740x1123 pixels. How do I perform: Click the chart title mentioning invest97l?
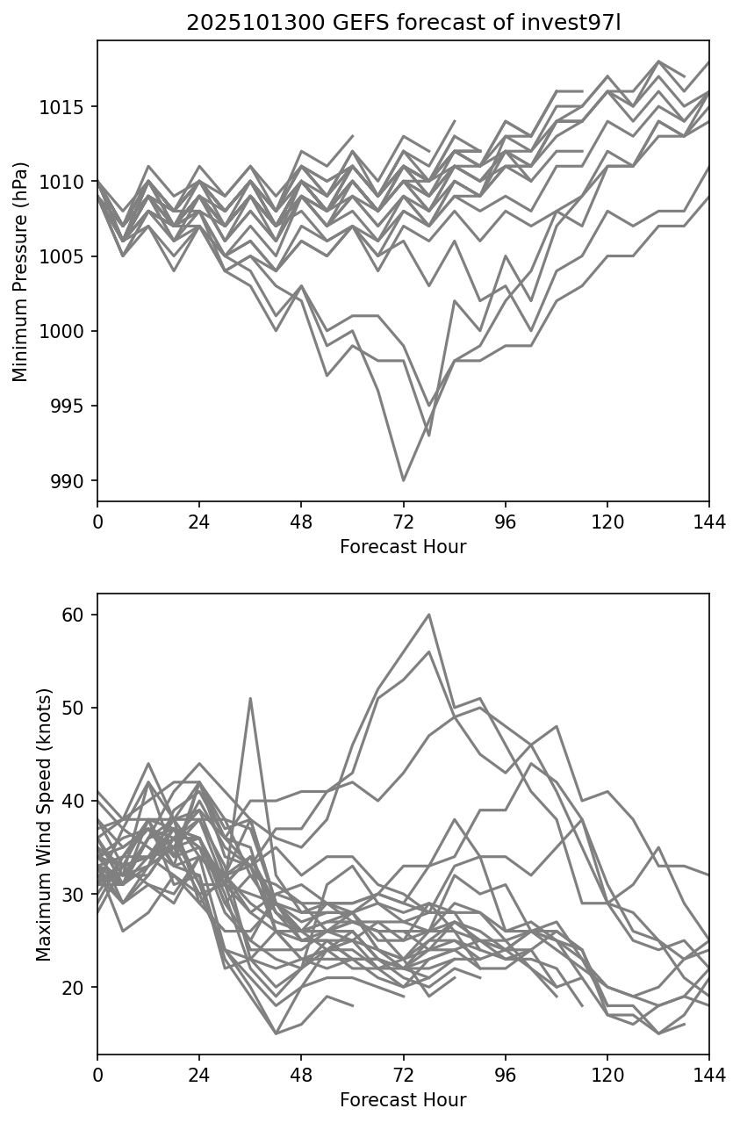(403, 23)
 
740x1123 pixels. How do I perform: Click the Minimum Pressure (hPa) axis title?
(21, 271)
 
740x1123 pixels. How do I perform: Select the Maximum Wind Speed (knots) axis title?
(44, 824)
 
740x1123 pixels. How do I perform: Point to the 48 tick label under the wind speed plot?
(301, 1076)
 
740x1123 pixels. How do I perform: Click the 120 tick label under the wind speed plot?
(607, 1076)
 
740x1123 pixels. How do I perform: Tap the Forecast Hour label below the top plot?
(403, 547)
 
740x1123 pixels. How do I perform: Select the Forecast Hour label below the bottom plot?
(403, 1100)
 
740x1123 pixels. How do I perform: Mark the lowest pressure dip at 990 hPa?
(403, 480)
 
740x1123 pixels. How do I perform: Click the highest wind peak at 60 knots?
(428, 615)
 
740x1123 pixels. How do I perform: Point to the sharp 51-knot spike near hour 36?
(250, 699)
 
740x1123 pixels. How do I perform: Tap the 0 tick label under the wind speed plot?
(97, 1076)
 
